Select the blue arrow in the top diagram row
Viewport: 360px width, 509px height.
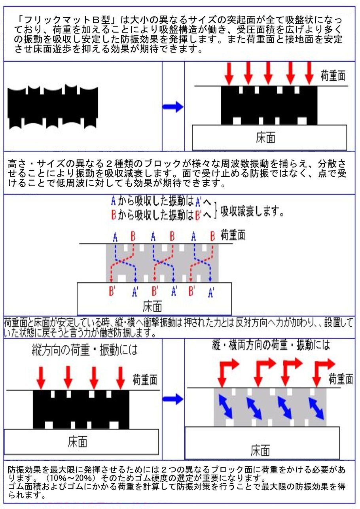tap(173, 107)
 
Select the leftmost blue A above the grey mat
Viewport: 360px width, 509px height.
tap(115, 237)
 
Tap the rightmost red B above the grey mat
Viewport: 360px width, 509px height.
tap(212, 237)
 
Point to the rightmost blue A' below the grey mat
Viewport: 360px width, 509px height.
tap(211, 292)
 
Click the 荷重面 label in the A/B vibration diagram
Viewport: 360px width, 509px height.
tap(233, 235)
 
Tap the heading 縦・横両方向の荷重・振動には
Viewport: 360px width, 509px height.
tap(271, 346)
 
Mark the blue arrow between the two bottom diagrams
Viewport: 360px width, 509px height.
tap(173, 399)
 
